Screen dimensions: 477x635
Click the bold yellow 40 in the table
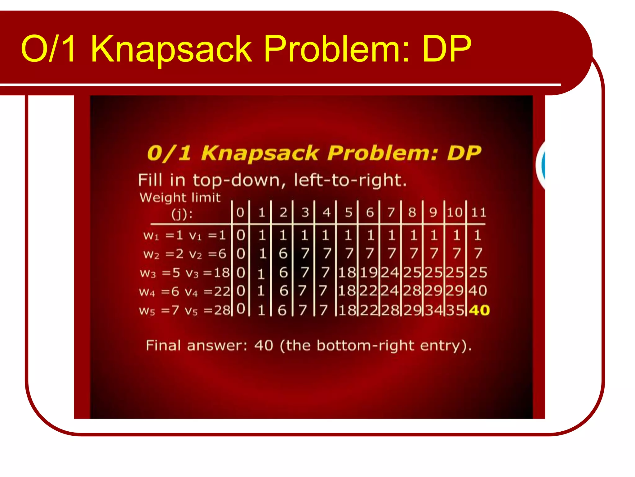tap(479, 310)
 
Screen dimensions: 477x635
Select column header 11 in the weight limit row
tap(479, 212)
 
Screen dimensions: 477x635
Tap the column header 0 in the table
tap(240, 212)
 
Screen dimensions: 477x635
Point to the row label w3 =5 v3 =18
tap(185, 273)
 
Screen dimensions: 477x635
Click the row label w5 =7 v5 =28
tap(185, 310)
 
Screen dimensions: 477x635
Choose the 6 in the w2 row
tap(283, 254)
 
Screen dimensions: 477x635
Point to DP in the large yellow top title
tap(446, 49)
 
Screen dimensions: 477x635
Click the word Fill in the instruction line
tap(150, 180)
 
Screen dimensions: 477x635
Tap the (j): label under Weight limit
tap(182, 214)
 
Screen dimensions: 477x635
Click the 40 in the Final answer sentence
tap(264, 345)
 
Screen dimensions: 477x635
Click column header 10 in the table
tap(455, 212)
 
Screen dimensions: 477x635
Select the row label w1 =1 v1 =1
tap(184, 235)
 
